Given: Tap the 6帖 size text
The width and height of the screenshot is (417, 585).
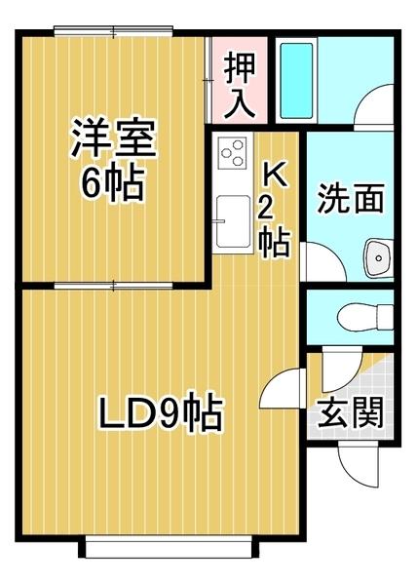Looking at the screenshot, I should [x=111, y=183].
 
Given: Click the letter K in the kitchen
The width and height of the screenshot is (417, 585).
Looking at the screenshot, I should [x=275, y=174].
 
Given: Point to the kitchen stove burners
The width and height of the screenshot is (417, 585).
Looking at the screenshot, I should [x=233, y=153].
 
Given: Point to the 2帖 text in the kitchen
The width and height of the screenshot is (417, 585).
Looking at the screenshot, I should [x=275, y=225].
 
